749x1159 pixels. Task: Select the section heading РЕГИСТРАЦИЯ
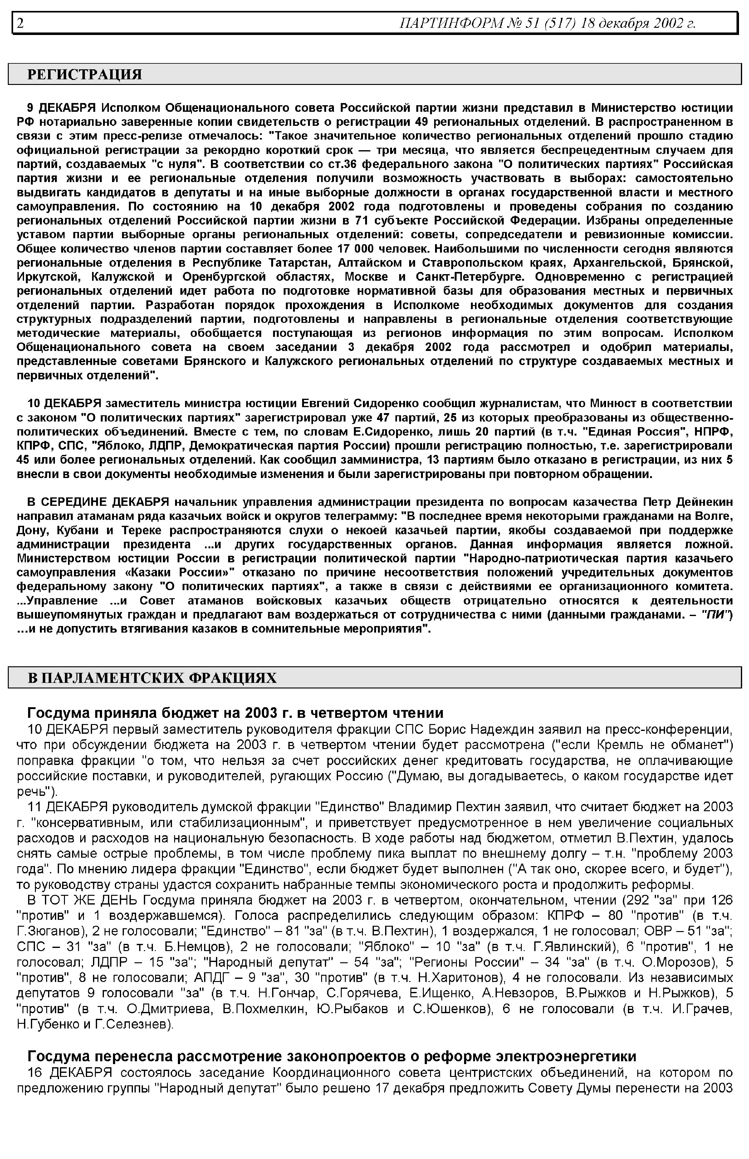pyautogui.click(x=85, y=74)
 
